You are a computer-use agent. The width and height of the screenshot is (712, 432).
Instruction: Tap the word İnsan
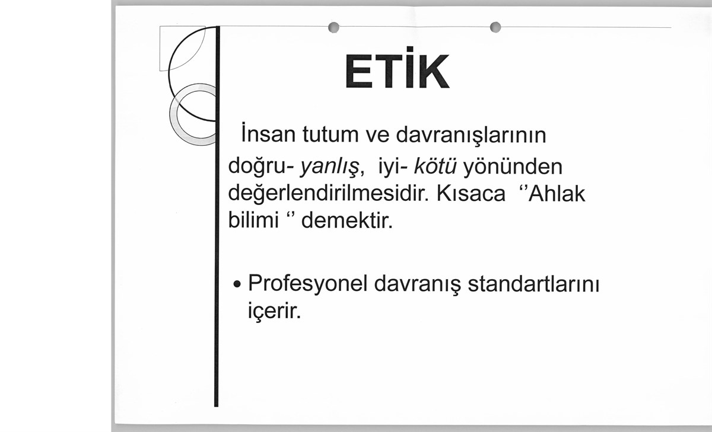coord(268,133)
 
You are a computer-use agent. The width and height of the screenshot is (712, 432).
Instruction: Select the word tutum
coord(330,135)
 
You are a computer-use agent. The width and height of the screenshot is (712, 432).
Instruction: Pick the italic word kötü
coord(435,166)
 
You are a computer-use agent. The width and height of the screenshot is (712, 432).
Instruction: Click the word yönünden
coord(513,166)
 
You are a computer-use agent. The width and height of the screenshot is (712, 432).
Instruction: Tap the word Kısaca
coord(471,193)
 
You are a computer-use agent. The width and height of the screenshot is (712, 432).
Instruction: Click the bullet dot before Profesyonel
coord(237,284)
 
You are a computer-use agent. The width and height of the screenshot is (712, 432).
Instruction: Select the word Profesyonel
coord(308,283)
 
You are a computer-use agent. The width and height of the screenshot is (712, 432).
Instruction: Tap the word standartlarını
coord(533,284)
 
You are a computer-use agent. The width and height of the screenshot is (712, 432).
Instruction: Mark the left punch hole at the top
coord(333,27)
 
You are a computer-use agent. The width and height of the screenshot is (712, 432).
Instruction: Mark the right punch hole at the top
coord(495,27)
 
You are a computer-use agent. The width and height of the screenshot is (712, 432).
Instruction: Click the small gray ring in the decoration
coord(173,114)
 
